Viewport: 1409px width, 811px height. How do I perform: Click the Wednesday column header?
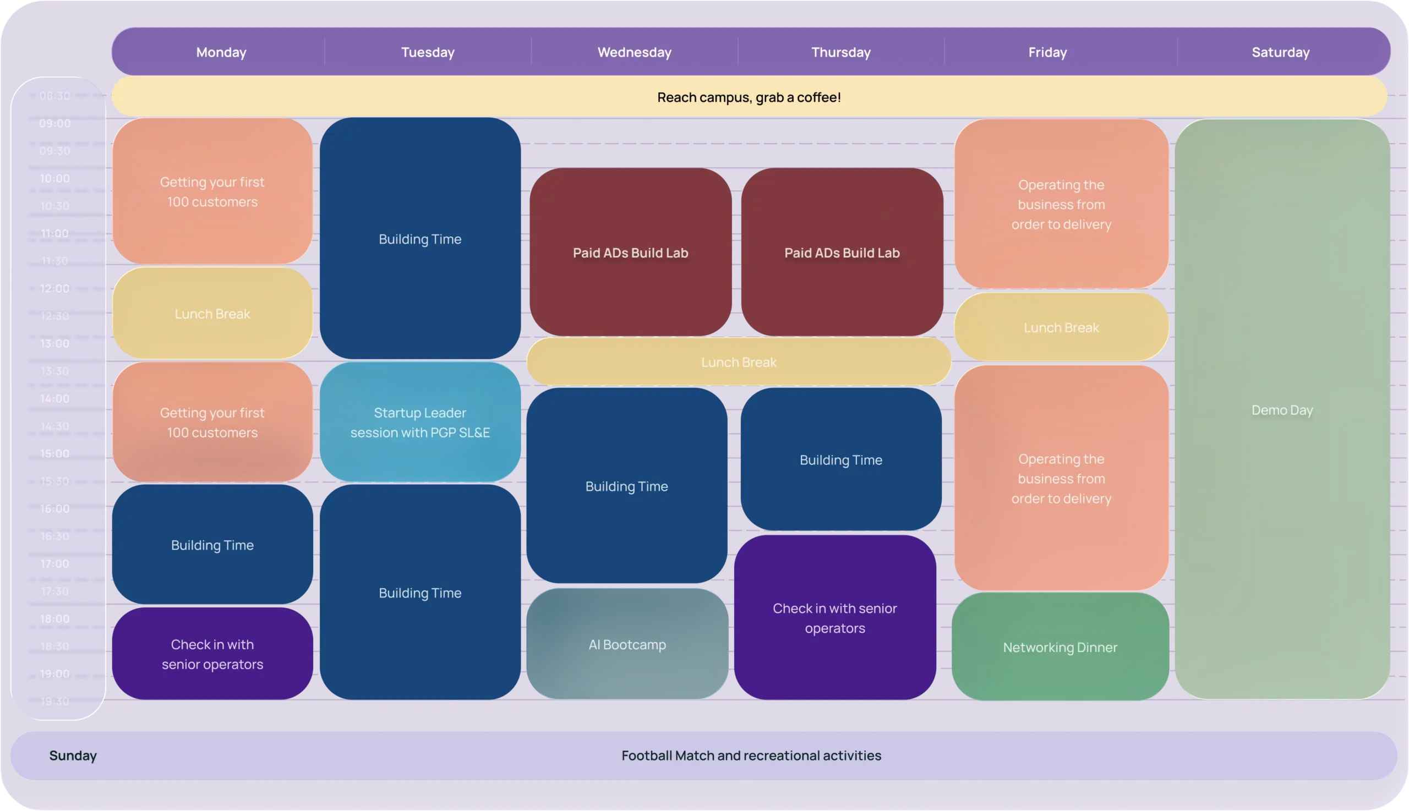[x=634, y=52]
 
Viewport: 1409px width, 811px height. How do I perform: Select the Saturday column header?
[x=1280, y=52]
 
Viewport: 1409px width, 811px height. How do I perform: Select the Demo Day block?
[x=1282, y=410]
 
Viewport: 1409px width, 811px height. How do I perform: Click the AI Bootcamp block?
[x=627, y=644]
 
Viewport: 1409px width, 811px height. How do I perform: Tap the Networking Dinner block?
[x=1060, y=647]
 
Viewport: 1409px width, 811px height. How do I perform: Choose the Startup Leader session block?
[x=420, y=422]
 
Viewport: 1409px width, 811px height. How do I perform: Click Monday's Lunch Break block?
[x=212, y=314]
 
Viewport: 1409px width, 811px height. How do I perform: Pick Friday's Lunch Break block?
[x=1061, y=327]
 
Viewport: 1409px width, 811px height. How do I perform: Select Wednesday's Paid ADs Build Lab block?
[x=631, y=253]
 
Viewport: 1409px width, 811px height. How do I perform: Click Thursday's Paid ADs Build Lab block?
[x=842, y=253]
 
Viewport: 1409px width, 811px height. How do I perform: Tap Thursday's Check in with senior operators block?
[x=834, y=618]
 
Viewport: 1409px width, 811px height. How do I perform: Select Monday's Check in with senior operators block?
[x=212, y=654]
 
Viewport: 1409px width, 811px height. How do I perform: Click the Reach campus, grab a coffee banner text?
[x=749, y=97]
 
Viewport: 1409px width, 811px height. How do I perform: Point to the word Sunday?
[x=73, y=755]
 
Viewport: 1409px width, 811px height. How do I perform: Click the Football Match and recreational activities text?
[x=751, y=755]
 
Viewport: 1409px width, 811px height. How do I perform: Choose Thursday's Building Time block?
[x=840, y=460]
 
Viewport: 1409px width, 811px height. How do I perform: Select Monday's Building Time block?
[x=212, y=545]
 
